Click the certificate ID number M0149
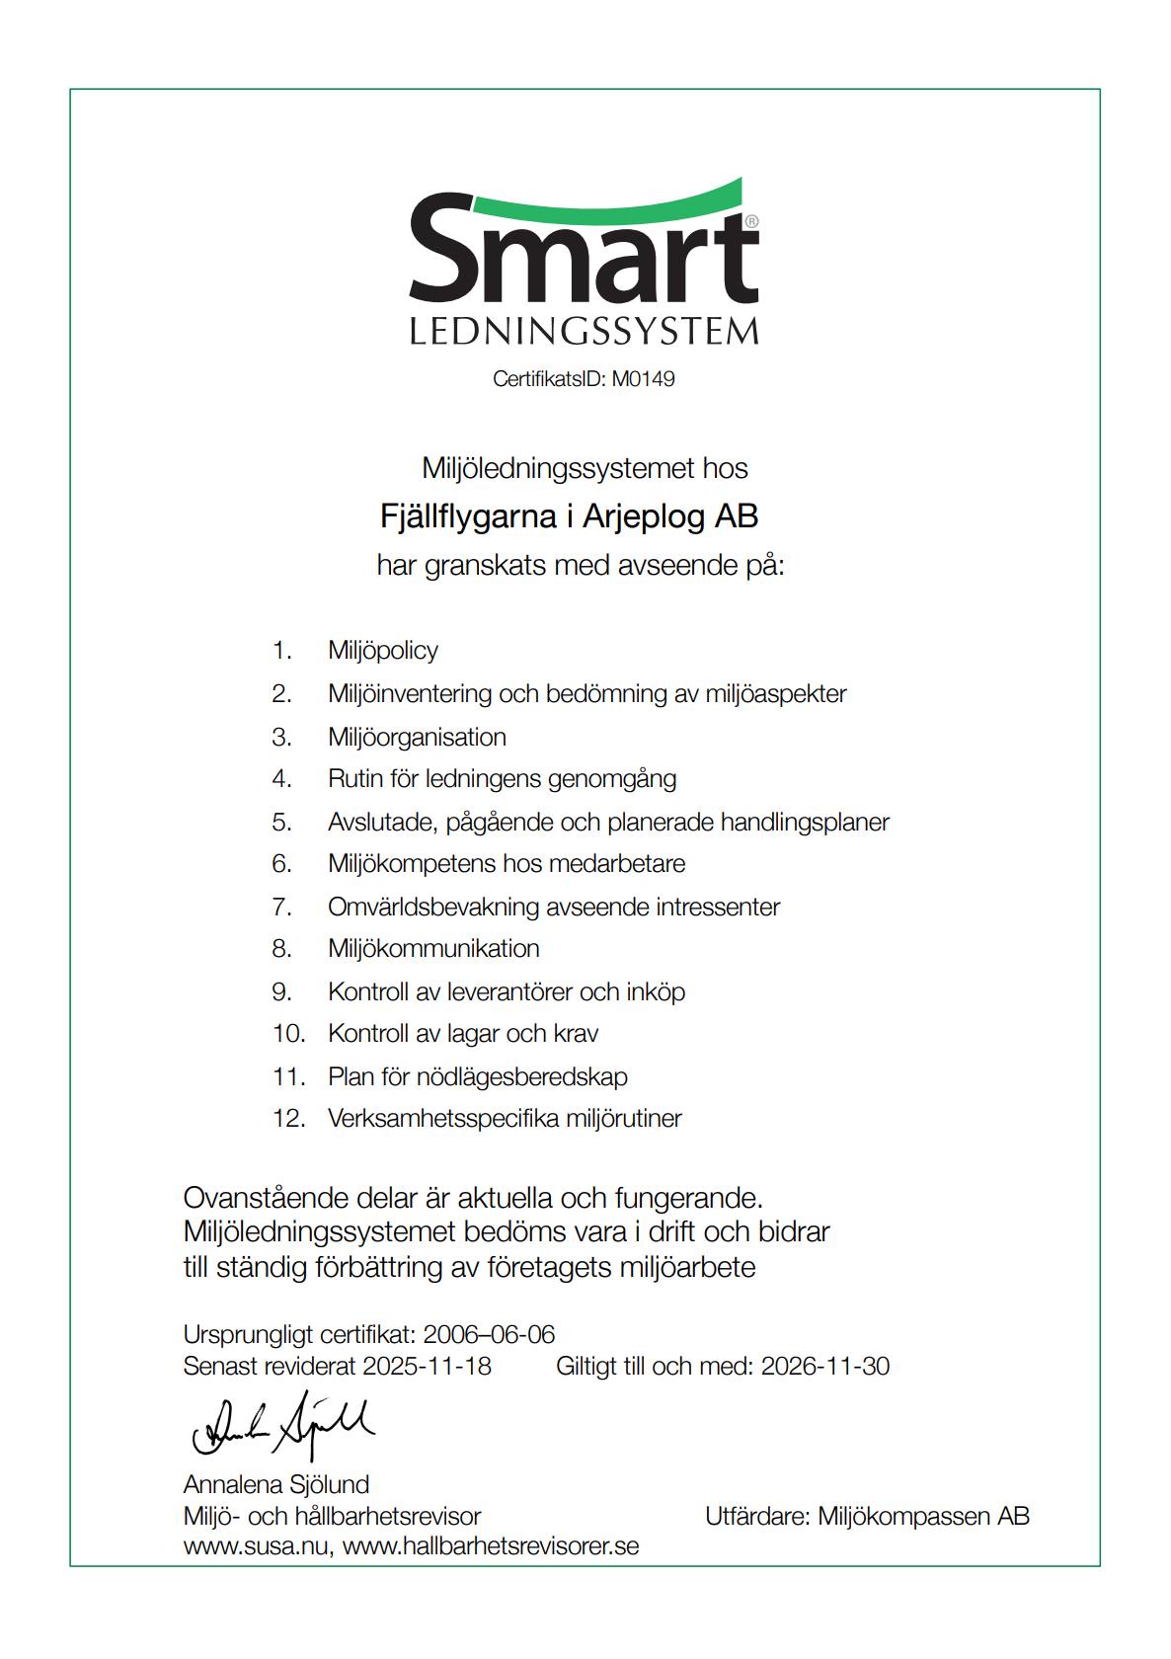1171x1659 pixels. (x=643, y=379)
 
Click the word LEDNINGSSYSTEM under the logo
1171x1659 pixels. (x=584, y=332)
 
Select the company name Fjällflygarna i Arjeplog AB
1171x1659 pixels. (x=569, y=516)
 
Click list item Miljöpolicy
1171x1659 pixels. (x=383, y=651)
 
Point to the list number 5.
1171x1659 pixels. (x=281, y=823)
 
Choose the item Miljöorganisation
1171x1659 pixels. (x=417, y=738)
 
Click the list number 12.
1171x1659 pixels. (x=288, y=1119)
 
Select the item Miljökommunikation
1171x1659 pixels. (x=433, y=949)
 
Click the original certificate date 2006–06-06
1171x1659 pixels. (x=489, y=1335)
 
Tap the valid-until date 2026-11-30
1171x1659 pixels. (x=825, y=1367)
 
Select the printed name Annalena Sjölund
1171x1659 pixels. (x=276, y=1485)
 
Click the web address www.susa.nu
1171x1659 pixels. (x=256, y=1546)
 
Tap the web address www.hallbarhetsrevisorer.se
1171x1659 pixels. (x=491, y=1546)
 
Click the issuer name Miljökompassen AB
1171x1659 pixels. (x=923, y=1517)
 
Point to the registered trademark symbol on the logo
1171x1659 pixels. (x=751, y=221)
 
